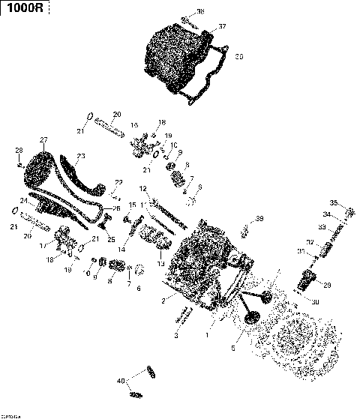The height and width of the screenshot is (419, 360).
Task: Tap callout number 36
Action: click(x=199, y=12)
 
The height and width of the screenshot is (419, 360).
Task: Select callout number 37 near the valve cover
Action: click(x=221, y=27)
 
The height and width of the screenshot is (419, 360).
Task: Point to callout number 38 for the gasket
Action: click(x=239, y=56)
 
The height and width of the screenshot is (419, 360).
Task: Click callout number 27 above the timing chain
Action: click(x=43, y=140)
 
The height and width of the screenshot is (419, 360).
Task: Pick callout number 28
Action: click(x=19, y=152)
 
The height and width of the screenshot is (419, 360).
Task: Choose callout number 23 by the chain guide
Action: click(x=81, y=156)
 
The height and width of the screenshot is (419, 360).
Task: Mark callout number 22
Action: click(x=118, y=182)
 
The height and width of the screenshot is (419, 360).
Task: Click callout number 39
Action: click(x=259, y=219)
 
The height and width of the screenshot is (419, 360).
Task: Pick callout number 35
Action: click(x=334, y=202)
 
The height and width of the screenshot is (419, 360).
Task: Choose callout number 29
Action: click(x=326, y=284)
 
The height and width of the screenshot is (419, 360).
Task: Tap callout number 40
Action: click(x=120, y=381)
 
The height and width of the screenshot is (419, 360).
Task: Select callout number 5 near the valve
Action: click(x=233, y=349)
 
